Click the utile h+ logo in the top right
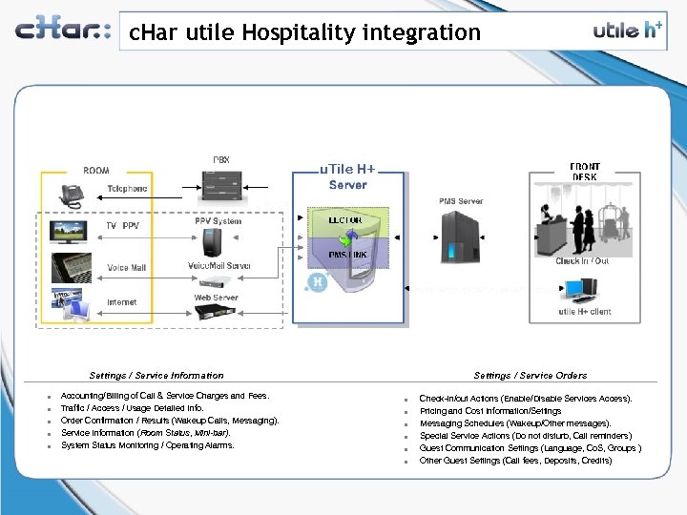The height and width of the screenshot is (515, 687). coord(626,30)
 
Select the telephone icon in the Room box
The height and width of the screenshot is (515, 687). coord(72,196)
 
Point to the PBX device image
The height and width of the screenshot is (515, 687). coord(220,181)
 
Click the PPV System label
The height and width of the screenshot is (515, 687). coord(219,220)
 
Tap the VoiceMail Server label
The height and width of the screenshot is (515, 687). coord(219,265)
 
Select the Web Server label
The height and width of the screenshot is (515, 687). coord(217,298)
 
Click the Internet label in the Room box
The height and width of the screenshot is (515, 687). coord(121,302)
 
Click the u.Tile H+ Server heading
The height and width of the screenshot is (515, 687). coord(347,176)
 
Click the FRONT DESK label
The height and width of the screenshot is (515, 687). coord(585,172)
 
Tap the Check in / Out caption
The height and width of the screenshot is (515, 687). coord(582,260)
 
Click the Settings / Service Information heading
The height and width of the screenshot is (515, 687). coord(156,376)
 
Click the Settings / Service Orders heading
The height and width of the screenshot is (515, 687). coord(530,376)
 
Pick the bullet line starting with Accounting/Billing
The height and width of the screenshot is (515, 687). coord(165,396)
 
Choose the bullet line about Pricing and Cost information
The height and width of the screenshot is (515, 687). coord(490,411)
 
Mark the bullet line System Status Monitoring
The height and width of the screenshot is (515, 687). coord(147,445)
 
